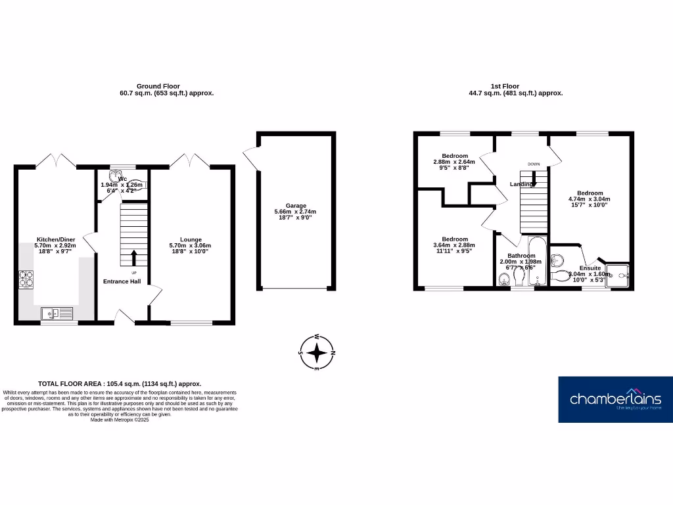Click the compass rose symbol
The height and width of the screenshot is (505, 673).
point(317,352)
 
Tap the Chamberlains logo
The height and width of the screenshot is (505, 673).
point(615,399)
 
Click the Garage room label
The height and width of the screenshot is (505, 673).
point(295,206)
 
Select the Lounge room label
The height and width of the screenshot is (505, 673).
point(191,239)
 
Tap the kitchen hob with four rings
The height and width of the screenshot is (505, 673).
point(28,280)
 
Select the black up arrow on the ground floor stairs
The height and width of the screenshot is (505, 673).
point(134,256)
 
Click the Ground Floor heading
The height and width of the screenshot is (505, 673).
point(158,86)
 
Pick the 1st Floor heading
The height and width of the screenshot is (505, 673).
point(505,86)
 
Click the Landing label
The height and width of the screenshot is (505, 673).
point(521,184)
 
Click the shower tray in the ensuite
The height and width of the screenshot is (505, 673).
point(618,276)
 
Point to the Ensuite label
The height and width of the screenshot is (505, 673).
point(590,268)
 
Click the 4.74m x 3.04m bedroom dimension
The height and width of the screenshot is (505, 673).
point(589,199)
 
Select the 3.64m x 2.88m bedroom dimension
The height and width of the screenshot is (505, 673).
point(454,245)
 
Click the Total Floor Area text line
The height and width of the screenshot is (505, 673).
point(120,383)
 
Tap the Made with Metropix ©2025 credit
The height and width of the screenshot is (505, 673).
point(120,420)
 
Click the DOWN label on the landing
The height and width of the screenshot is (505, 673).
point(533,164)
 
